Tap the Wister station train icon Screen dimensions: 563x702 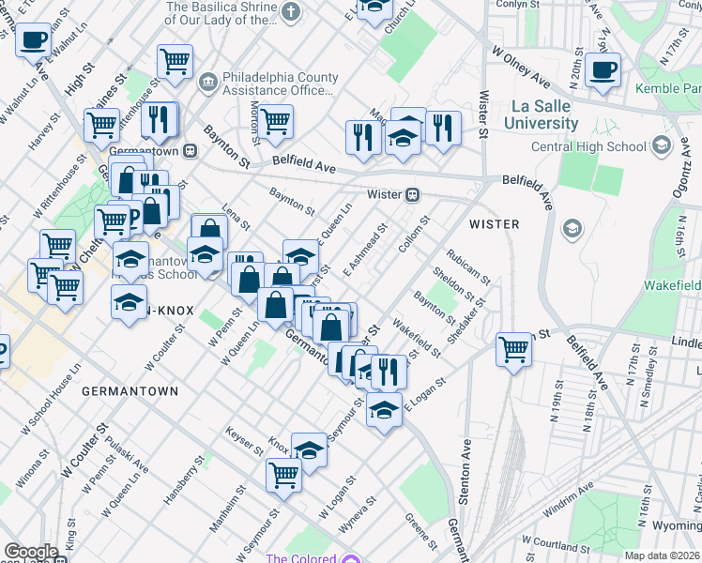412,195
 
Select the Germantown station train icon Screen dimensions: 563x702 190,149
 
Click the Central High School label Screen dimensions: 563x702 589,146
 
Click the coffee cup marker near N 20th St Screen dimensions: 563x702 603,68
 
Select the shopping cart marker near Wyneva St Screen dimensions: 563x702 283,474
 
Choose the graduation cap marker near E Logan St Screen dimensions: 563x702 384,410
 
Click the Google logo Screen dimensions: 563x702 30,552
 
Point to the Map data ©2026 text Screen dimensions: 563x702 663,555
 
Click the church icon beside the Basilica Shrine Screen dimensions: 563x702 291,12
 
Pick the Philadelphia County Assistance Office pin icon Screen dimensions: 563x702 207,80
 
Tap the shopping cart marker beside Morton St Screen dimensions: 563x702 275,120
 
